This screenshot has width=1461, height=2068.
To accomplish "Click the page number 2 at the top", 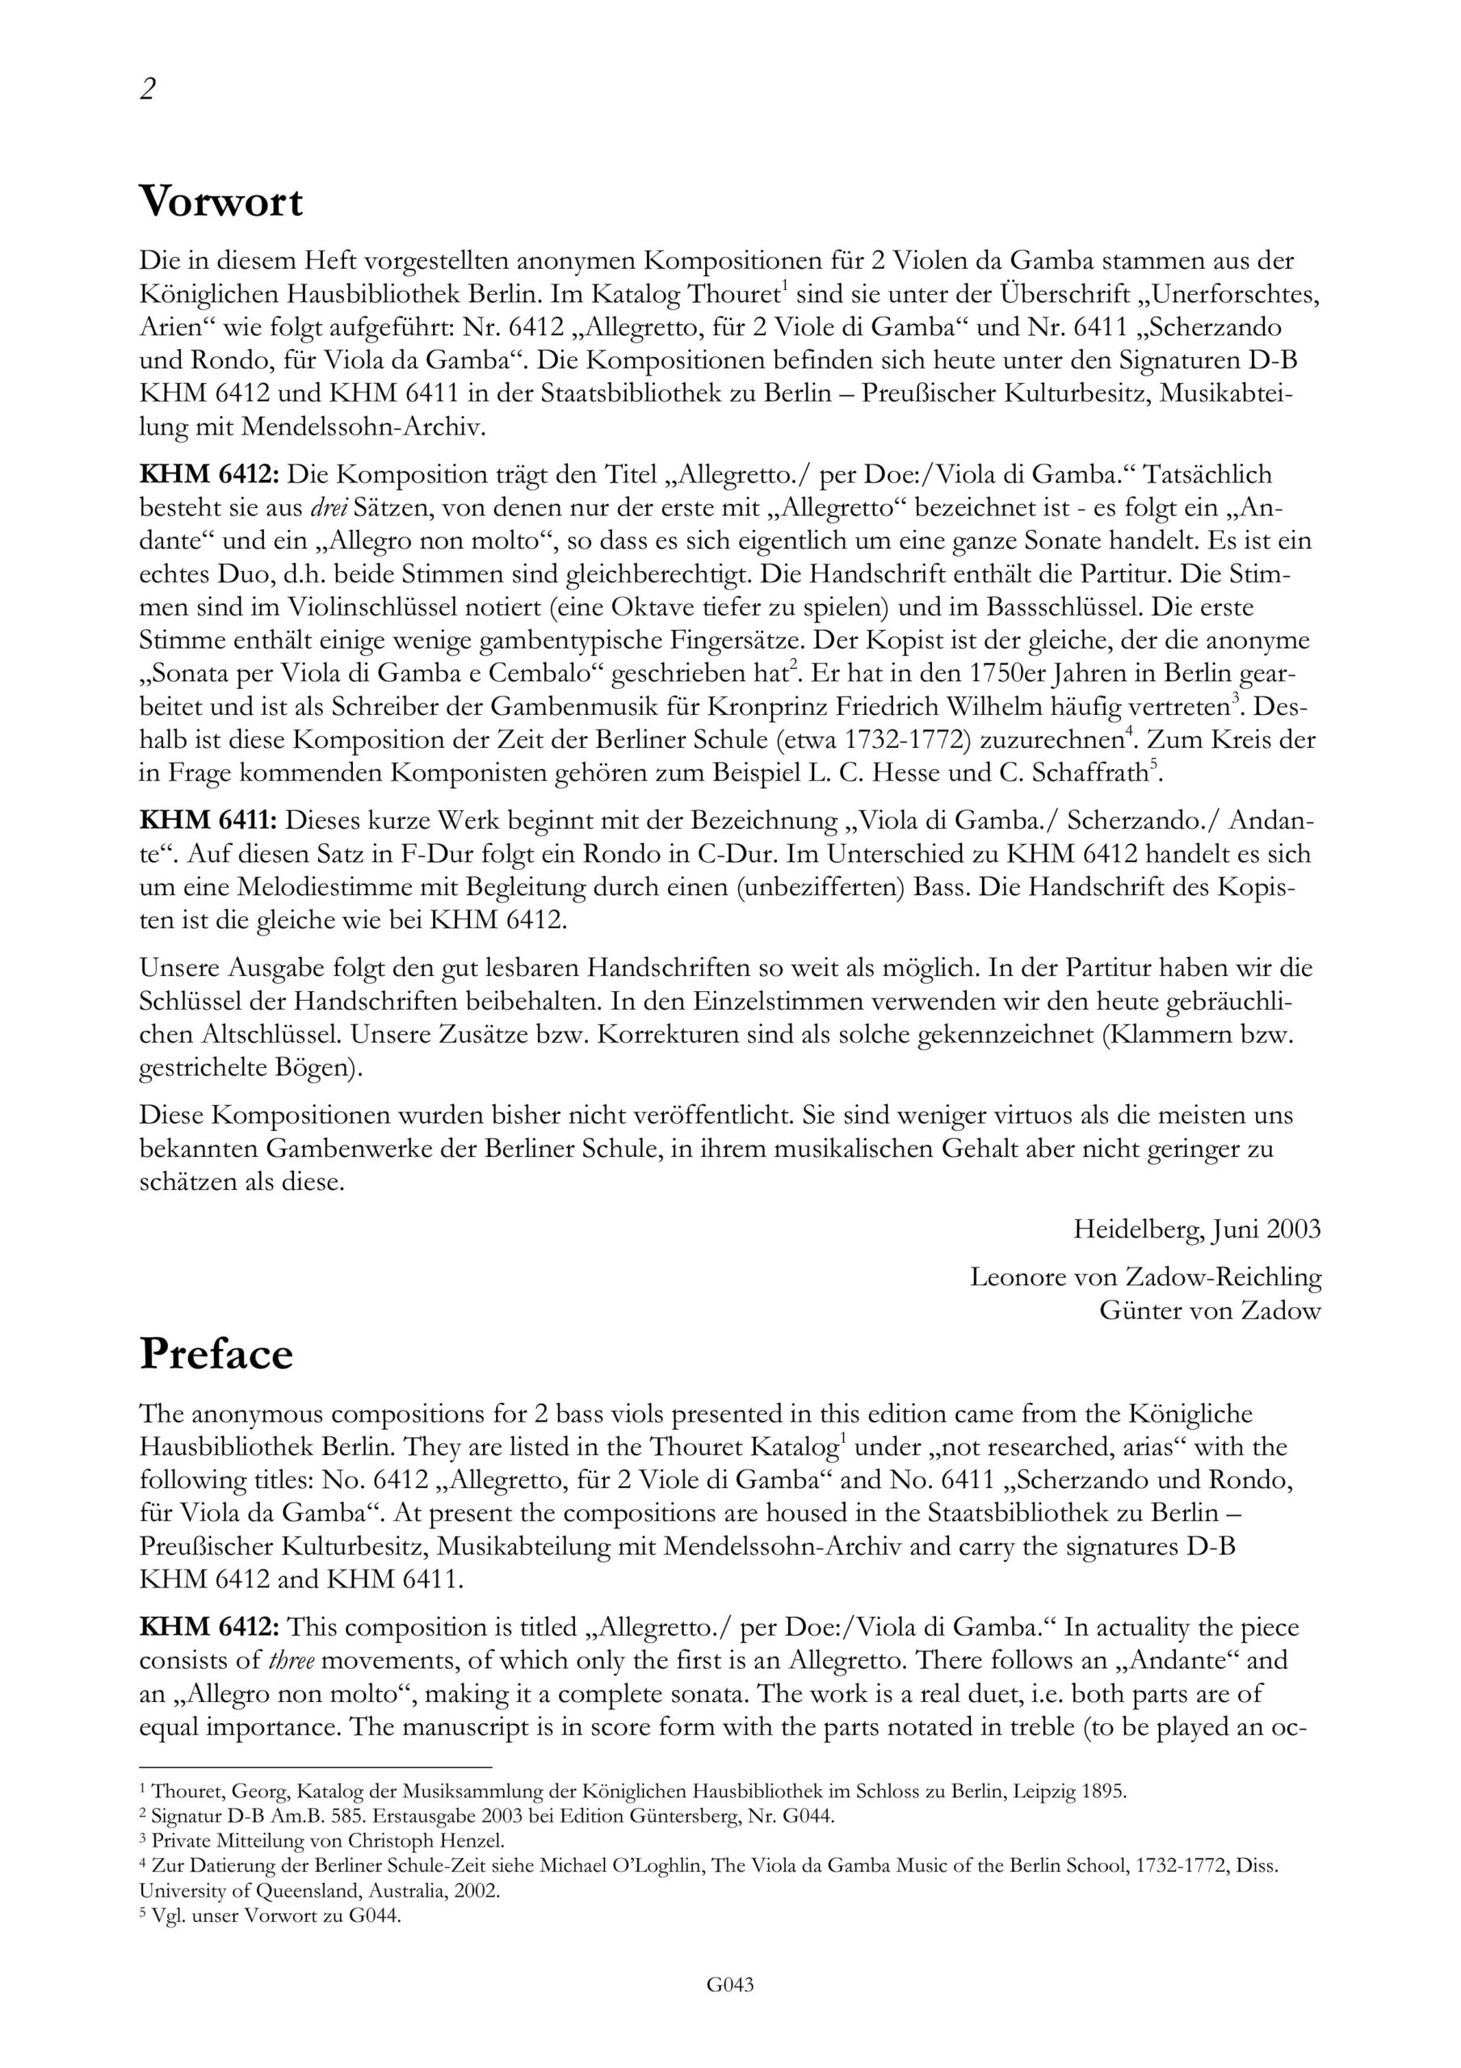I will [148, 89].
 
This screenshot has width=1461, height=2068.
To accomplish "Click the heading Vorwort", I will [220, 201].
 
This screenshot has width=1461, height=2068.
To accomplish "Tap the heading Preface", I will [216, 1354].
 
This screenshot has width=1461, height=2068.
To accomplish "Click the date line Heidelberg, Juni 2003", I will [1196, 1229].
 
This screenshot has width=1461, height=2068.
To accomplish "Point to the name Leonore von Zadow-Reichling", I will [1145, 1276].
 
